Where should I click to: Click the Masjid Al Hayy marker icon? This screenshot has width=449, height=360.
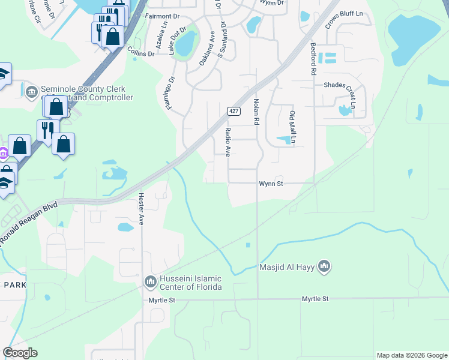pyautogui.click(x=324, y=266)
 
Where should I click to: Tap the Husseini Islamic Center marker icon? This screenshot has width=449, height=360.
pyautogui.click(x=150, y=280)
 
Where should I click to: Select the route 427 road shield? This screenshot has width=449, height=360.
pyautogui.click(x=234, y=111)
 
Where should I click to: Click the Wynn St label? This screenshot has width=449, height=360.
pyautogui.click(x=270, y=184)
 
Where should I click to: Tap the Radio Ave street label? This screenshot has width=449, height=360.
pyautogui.click(x=228, y=142)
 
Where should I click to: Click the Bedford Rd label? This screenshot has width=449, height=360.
pyautogui.click(x=313, y=58)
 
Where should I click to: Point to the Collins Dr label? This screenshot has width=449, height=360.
pyautogui.click(x=142, y=53)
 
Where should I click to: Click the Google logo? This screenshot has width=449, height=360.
pyautogui.click(x=20, y=353)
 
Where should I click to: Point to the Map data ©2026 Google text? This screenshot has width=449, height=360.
pyautogui.click(x=411, y=355)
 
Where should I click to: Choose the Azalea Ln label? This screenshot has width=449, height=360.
pyautogui.click(x=160, y=40)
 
